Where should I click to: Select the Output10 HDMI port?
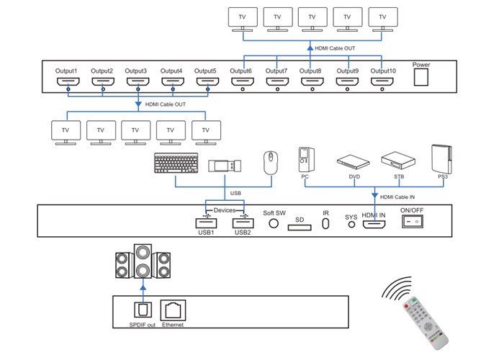click(383, 82)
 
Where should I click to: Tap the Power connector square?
click(422, 78)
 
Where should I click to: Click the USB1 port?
click(207, 224)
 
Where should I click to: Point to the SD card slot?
click(300, 228)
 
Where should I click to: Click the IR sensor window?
click(325, 225)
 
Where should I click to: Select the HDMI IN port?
click(374, 225)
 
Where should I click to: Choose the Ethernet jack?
click(172, 310)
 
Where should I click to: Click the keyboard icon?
click(174, 164)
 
